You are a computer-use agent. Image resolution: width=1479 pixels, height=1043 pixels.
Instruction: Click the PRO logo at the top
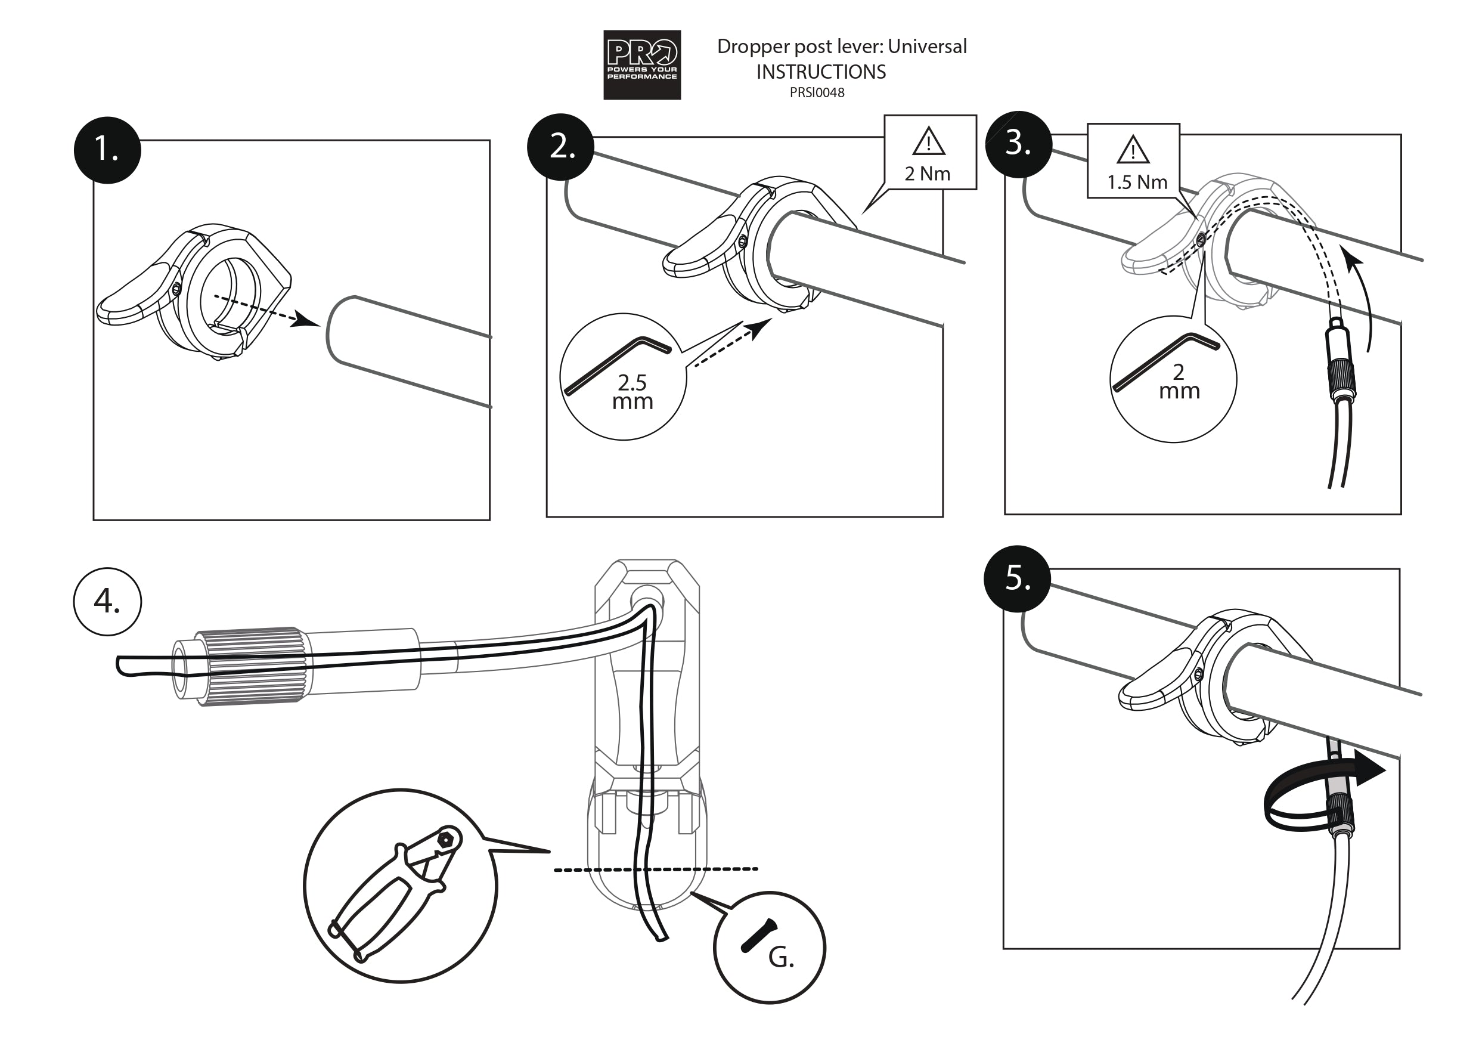(x=641, y=64)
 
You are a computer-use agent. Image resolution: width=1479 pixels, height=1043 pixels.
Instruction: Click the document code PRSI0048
(x=817, y=93)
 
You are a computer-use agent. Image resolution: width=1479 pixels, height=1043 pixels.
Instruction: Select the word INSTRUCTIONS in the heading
(x=821, y=72)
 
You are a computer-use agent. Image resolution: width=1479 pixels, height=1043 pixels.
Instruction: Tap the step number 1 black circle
(x=107, y=150)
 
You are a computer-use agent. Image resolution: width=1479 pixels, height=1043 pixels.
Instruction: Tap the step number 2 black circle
(x=560, y=147)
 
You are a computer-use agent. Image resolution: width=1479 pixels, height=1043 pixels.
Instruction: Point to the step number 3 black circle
(x=1018, y=144)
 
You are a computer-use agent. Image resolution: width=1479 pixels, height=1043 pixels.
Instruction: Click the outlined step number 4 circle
(x=107, y=602)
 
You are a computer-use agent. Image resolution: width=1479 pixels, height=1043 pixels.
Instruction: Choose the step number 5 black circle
(x=1017, y=578)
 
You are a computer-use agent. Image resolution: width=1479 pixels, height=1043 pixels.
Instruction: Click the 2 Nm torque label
(x=927, y=174)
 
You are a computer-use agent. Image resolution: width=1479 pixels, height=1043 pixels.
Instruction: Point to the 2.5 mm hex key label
(x=632, y=392)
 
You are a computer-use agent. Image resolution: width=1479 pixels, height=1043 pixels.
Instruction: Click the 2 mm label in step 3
(x=1179, y=382)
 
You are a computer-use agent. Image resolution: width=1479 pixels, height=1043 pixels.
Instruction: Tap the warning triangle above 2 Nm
(x=928, y=143)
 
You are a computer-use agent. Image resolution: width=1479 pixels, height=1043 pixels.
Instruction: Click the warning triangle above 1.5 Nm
(x=1133, y=150)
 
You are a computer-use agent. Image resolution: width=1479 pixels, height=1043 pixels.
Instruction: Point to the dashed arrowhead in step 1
(x=304, y=319)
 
